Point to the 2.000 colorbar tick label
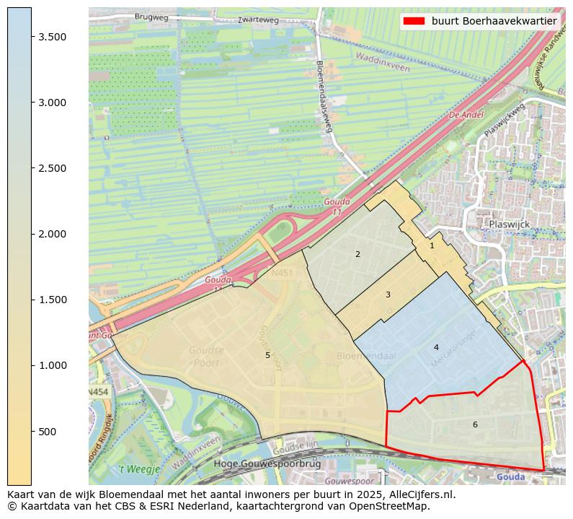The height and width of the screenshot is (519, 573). click(51, 234)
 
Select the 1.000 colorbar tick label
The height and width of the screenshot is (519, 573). click(51, 366)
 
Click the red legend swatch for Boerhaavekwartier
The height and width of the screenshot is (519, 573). click(414, 21)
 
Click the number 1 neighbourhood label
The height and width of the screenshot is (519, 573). click(432, 245)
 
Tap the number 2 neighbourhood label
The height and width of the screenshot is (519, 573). click(357, 254)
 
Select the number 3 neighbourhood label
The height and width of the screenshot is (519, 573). click(388, 295)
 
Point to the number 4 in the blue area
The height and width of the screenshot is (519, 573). click(436, 347)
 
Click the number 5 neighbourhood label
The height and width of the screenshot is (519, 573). click(267, 355)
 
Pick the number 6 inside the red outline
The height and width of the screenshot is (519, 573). click(475, 424)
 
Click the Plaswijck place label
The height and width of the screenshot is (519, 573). click(509, 224)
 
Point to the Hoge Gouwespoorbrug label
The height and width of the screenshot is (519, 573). click(259, 464)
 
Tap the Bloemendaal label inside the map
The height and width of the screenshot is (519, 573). click(366, 357)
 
